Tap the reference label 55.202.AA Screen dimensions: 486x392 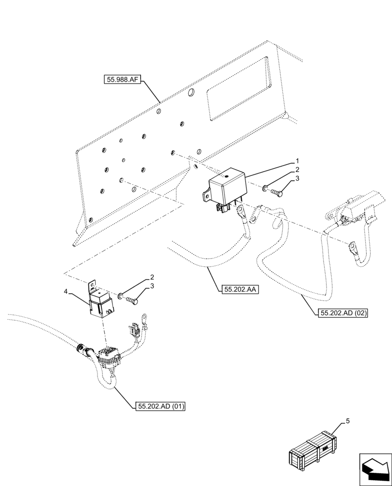tap(240, 291)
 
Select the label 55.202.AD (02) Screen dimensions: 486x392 tap(343, 313)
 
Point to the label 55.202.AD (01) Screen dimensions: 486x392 tap(162, 406)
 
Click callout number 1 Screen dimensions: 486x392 tap(297, 161)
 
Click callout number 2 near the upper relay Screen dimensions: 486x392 tap(297, 170)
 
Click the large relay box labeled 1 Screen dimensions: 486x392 tap(226, 189)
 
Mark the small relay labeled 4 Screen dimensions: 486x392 tap(101, 302)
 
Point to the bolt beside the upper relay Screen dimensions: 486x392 tap(277, 192)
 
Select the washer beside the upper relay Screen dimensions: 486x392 tap(265, 188)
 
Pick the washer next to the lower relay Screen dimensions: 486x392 tap(119, 295)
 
